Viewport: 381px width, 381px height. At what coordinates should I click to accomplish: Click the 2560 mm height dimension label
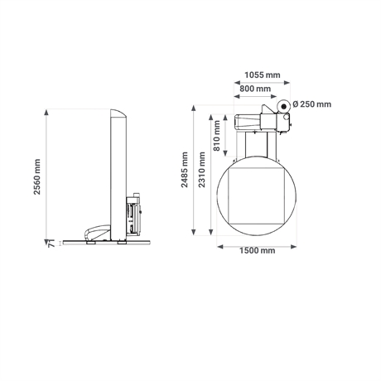click(x=37, y=176)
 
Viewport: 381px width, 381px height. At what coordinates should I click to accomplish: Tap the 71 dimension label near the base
click(x=51, y=244)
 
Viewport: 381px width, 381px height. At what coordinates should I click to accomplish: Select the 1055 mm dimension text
click(x=263, y=75)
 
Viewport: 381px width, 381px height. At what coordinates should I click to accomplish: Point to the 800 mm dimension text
click(x=255, y=89)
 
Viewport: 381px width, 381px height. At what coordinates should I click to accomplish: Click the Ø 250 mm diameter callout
click(x=311, y=104)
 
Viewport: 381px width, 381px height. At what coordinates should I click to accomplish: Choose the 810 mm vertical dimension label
click(x=217, y=136)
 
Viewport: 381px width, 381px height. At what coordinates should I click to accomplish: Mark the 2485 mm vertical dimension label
click(x=185, y=170)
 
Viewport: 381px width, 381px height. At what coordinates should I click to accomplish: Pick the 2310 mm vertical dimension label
click(x=202, y=170)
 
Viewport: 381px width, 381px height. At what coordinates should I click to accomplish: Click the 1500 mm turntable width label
click(x=257, y=251)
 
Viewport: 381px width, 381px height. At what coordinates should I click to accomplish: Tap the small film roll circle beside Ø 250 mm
click(x=283, y=106)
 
